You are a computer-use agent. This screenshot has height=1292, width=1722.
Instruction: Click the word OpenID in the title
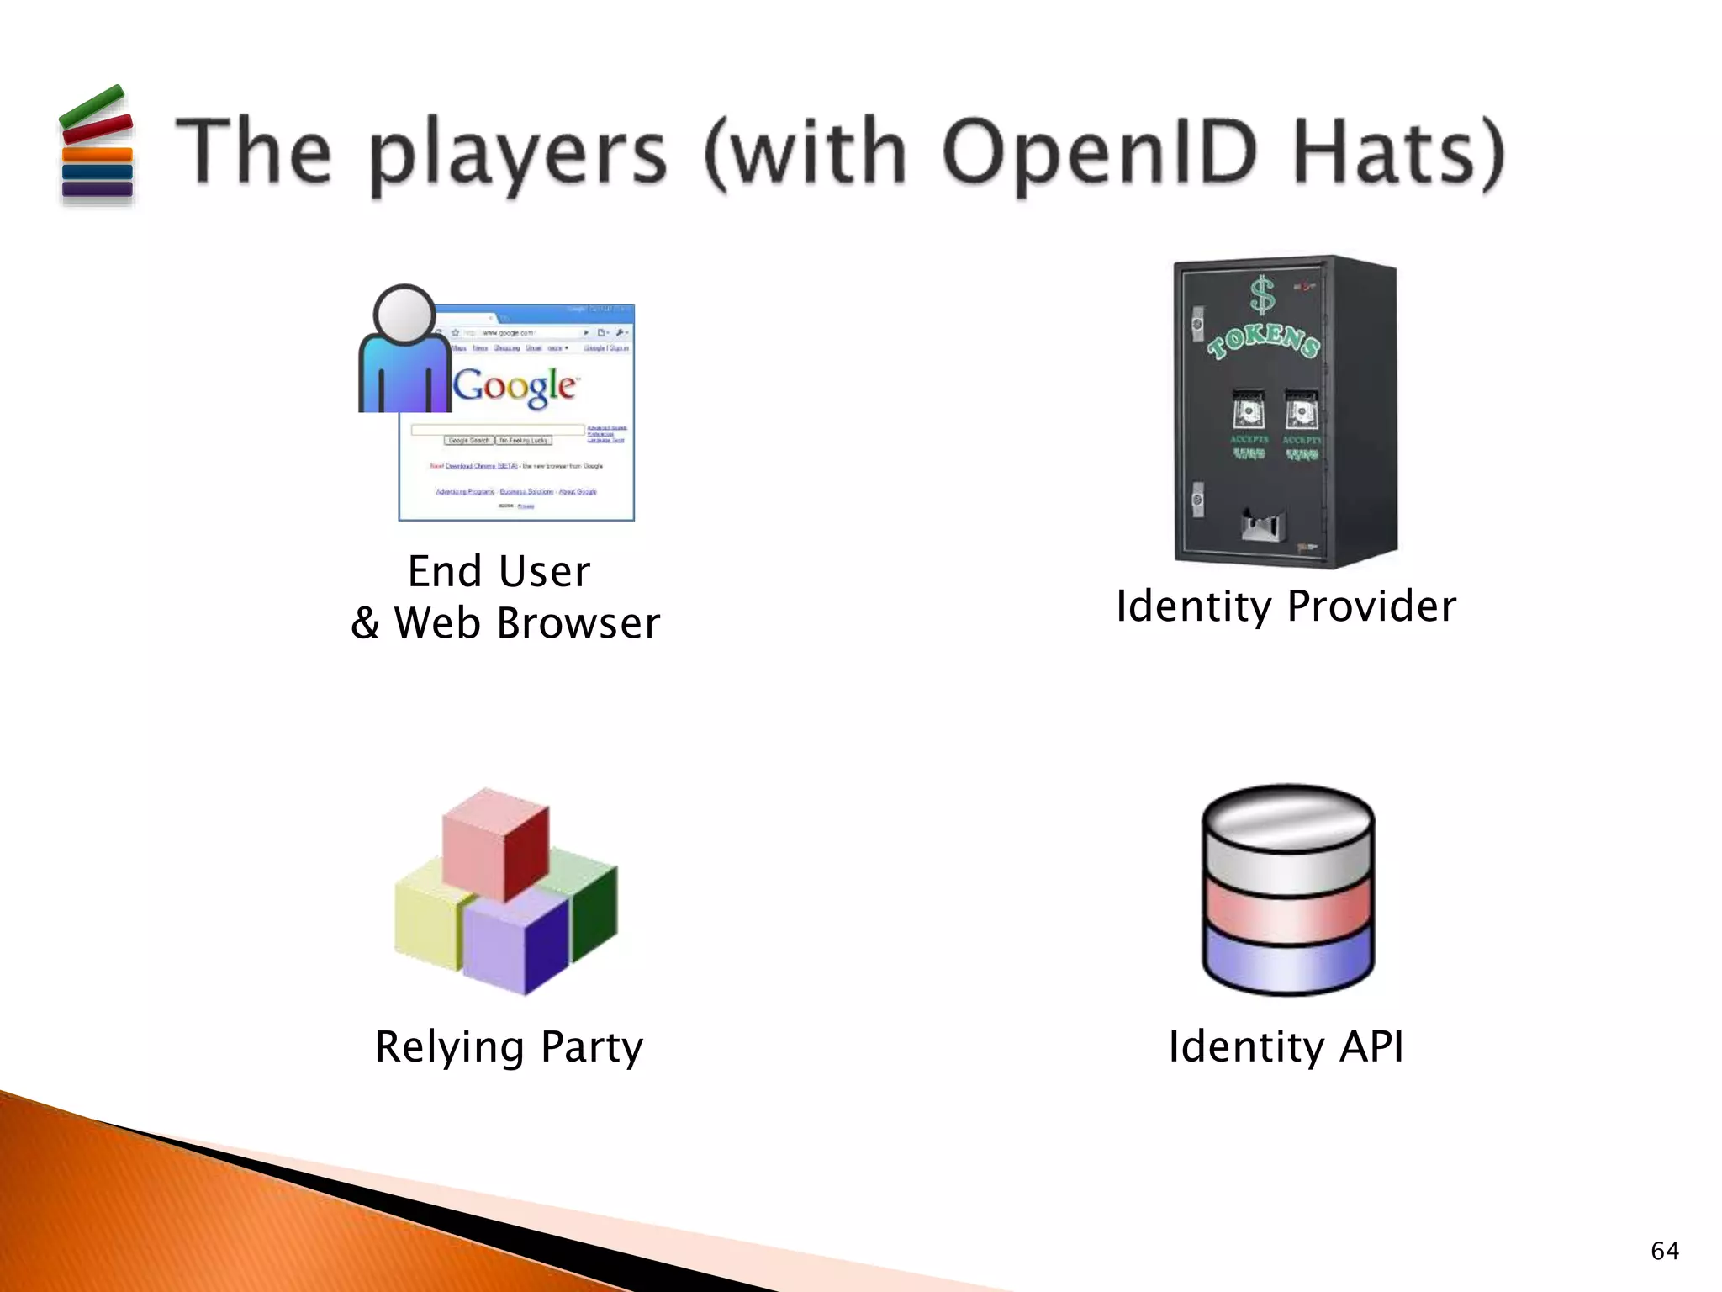pos(1101,152)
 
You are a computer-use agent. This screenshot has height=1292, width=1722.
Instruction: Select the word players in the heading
pos(518,156)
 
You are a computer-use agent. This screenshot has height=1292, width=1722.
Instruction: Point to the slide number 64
pos(1664,1251)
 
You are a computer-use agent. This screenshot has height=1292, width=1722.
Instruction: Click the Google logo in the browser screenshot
pos(515,386)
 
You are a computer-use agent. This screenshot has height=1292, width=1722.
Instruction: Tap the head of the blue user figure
pos(404,315)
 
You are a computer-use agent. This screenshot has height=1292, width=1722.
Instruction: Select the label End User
pos(499,572)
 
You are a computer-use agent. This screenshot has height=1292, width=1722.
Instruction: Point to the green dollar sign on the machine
pos(1261,296)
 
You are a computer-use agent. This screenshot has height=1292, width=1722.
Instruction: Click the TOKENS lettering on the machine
pos(1263,338)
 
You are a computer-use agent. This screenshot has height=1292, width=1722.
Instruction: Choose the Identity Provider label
pos(1286,606)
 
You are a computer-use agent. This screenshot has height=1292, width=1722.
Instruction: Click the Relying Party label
pos(509,1047)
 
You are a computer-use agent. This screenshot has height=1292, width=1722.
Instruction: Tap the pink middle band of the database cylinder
pos(1287,913)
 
